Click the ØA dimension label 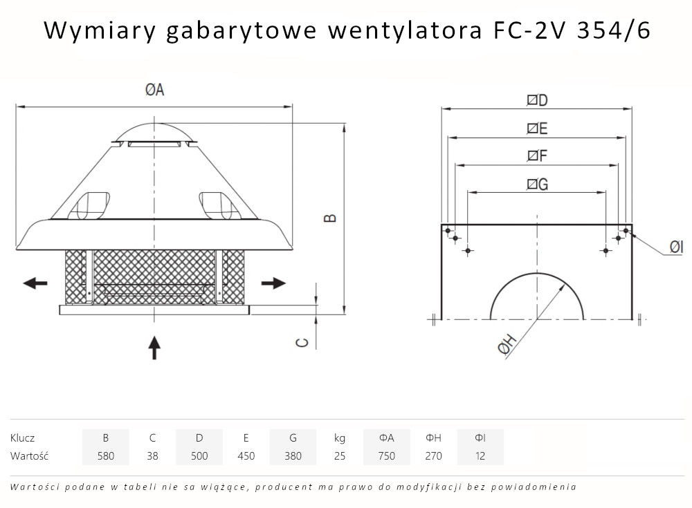154,91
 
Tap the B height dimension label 331,217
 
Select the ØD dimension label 537,100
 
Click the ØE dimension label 537,129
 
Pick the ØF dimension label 537,157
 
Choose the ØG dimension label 537,184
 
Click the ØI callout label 676,247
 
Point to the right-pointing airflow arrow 273,283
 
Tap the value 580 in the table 105,455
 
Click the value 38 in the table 152,455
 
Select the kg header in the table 339,438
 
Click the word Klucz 23,438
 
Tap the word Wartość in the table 30,455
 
